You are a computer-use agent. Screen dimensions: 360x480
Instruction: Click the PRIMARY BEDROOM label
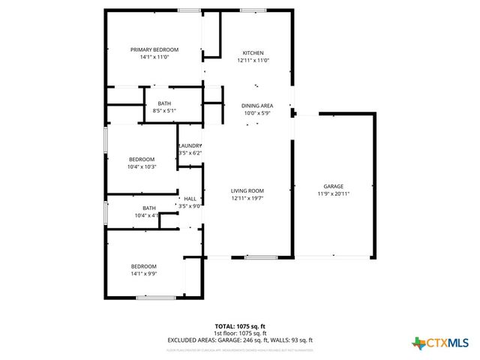pyautogui.click(x=154, y=49)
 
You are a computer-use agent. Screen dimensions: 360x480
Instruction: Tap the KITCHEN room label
pyautogui.click(x=253, y=52)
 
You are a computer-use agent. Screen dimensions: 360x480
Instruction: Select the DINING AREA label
pyautogui.click(x=256, y=106)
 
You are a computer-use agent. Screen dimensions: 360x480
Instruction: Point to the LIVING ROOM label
pyautogui.click(x=247, y=191)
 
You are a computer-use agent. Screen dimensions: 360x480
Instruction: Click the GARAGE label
pyautogui.click(x=333, y=186)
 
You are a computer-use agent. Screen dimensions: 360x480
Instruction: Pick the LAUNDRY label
pyautogui.click(x=190, y=145)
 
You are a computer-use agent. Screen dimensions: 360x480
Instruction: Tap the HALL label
pyautogui.click(x=190, y=199)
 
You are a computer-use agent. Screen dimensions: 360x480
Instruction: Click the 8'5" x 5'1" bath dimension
pyautogui.click(x=163, y=111)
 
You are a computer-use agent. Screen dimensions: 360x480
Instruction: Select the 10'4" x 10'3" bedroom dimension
pyautogui.click(x=142, y=166)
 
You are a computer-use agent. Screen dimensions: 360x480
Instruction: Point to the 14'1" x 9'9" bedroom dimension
pyautogui.click(x=144, y=274)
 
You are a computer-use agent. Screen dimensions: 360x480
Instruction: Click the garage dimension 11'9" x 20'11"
pyautogui.click(x=333, y=193)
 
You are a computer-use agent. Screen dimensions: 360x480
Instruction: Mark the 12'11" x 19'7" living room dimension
pyautogui.click(x=247, y=199)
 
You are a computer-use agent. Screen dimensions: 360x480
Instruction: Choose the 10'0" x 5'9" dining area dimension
pyautogui.click(x=256, y=113)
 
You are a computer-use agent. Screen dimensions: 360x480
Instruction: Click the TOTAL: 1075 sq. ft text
pyautogui.click(x=240, y=326)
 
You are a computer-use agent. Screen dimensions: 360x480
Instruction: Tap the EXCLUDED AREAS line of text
pyautogui.click(x=240, y=340)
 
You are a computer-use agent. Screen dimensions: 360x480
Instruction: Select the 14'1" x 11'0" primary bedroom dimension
pyautogui.click(x=154, y=57)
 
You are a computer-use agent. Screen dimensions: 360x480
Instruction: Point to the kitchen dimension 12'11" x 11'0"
pyautogui.click(x=253, y=60)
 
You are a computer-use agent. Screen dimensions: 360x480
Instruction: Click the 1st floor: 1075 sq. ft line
pyautogui.click(x=240, y=333)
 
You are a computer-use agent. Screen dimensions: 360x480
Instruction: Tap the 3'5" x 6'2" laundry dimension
pyautogui.click(x=190, y=153)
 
